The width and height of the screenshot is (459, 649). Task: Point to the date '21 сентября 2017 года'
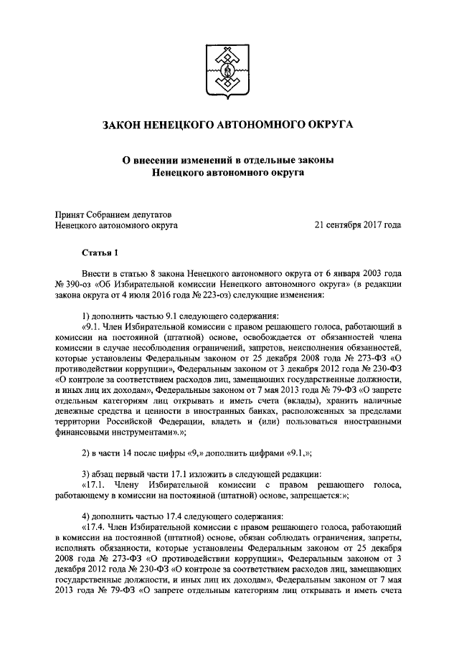(x=358, y=224)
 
